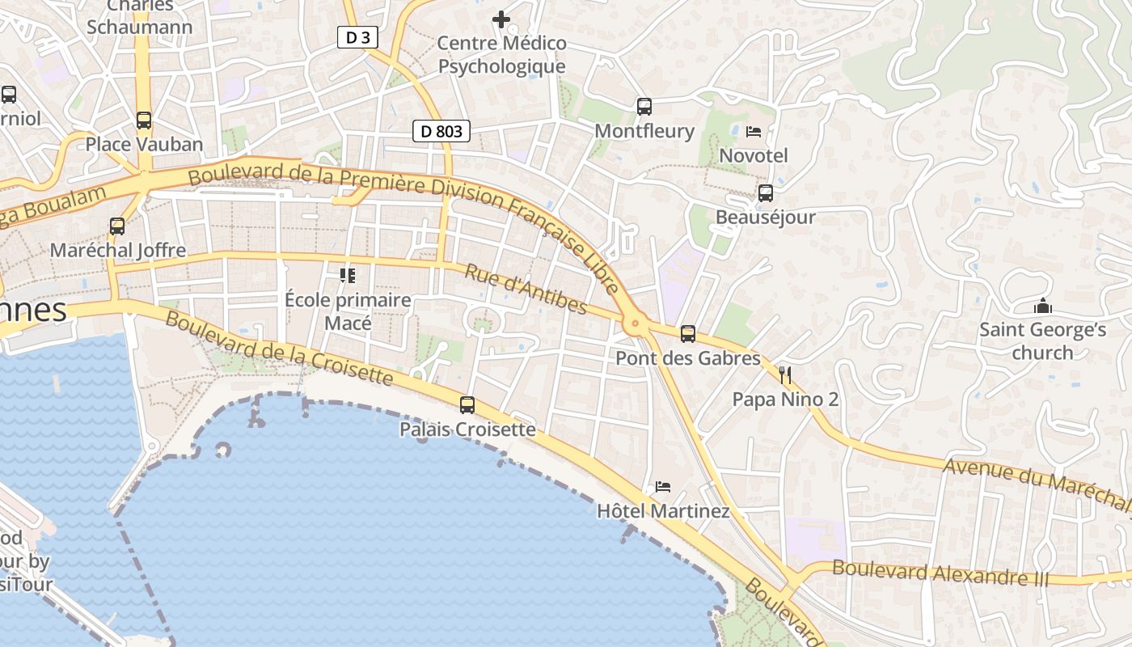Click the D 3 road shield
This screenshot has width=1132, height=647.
(x=357, y=36)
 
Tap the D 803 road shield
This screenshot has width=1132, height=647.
(x=441, y=130)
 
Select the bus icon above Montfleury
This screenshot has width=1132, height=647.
(x=644, y=107)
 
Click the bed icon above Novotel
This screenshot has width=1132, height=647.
(x=754, y=131)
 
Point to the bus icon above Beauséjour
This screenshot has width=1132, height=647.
(x=765, y=193)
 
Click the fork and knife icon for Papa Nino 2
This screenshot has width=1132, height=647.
(x=785, y=374)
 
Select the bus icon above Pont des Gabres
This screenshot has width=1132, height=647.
(x=688, y=333)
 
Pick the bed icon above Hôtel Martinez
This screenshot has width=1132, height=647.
(x=663, y=486)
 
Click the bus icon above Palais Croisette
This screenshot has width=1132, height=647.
(x=467, y=405)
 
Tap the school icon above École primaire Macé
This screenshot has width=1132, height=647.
(x=348, y=276)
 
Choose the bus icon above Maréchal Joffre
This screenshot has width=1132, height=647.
(x=117, y=226)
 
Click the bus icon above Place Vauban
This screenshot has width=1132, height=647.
(x=144, y=121)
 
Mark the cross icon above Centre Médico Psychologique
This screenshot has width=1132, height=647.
(x=501, y=19)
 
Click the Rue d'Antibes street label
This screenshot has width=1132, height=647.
(x=526, y=288)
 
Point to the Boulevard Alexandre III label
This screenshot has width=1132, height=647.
(x=940, y=573)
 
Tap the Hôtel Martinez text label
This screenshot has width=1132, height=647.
(x=663, y=511)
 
